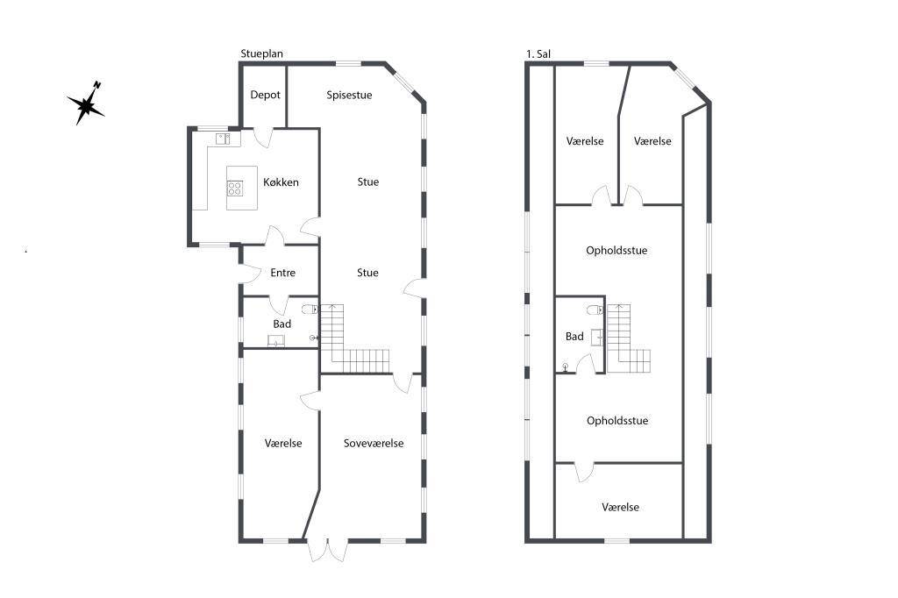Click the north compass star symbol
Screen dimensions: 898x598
pyautogui.click(x=86, y=104)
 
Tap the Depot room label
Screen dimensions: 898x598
pyautogui.click(x=265, y=95)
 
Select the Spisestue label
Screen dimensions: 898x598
pyautogui.click(x=349, y=95)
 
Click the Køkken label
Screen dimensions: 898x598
pyautogui.click(x=281, y=182)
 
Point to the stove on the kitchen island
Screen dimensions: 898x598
pyautogui.click(x=235, y=189)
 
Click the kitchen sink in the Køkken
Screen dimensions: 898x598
pyautogui.click(x=223, y=139)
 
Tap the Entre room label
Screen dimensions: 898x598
pyautogui.click(x=283, y=273)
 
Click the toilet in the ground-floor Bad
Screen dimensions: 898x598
pyautogui.click(x=310, y=310)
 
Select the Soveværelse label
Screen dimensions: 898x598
pyautogui.click(x=374, y=444)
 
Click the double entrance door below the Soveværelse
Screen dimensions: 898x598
pyautogui.click(x=328, y=550)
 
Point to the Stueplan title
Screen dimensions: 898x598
pyautogui.click(x=261, y=53)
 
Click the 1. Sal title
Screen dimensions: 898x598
pyautogui.click(x=538, y=53)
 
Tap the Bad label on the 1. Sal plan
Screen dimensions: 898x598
pyautogui.click(x=574, y=337)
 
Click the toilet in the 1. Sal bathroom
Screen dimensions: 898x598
pyautogui.click(x=595, y=310)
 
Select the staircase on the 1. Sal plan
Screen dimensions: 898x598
pyautogui.click(x=628, y=338)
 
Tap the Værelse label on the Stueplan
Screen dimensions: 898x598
pyautogui.click(x=283, y=444)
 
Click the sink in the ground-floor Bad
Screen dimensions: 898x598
pyautogui.click(x=276, y=341)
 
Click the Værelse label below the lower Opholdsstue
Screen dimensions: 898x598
pyautogui.click(x=620, y=507)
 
